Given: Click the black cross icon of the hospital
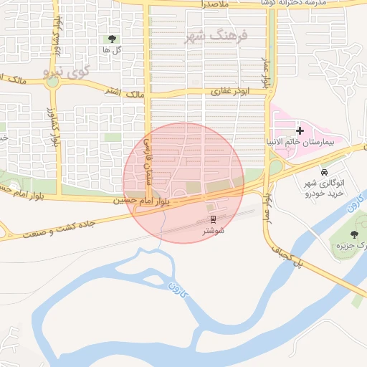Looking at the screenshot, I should (300, 130).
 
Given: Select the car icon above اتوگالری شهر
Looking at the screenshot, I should (325, 172).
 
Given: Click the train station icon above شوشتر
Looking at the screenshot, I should (213, 219).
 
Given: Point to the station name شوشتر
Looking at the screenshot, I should (214, 231).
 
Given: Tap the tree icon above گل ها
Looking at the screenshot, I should (111, 39).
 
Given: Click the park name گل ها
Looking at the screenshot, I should (111, 50).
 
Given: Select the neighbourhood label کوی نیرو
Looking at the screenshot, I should (65, 72).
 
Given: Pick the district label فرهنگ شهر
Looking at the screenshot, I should (215, 36).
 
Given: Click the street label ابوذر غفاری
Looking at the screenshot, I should (229, 92).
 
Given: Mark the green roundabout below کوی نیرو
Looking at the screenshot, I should (52, 81).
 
